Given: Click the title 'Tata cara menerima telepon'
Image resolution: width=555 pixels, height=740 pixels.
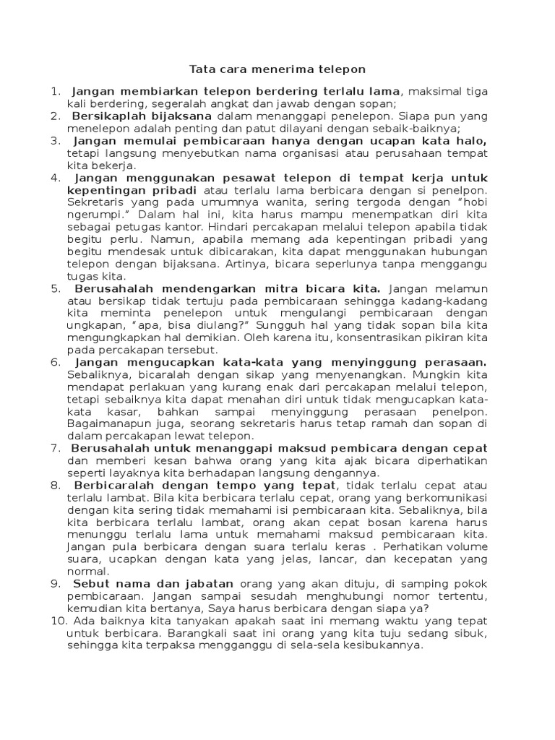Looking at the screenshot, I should pyautogui.click(x=277, y=69).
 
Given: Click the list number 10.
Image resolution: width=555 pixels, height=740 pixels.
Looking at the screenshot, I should pyautogui.click(x=56, y=621).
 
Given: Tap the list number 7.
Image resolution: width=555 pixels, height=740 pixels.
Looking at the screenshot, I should pyautogui.click(x=56, y=448).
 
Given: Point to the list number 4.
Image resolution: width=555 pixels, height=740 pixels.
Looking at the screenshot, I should pyautogui.click(x=56, y=177).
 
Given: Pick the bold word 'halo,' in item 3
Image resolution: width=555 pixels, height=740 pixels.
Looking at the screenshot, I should pyautogui.click(x=470, y=140).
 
